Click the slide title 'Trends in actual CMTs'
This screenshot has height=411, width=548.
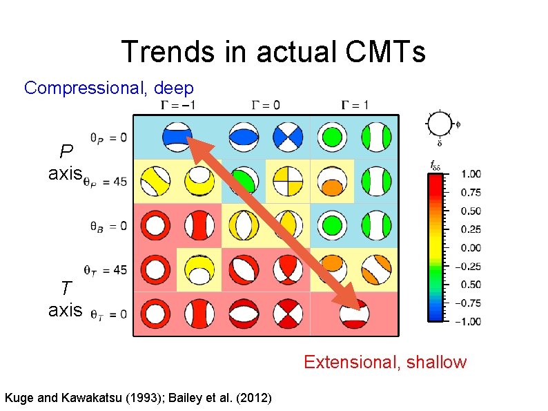pos(273,52)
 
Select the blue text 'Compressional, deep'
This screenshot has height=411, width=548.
pos(109,88)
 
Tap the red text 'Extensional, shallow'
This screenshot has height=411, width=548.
pos(385,362)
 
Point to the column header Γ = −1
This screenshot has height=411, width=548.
pos(177,105)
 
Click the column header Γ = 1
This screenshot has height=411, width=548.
pos(354,105)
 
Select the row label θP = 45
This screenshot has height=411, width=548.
pos(108,182)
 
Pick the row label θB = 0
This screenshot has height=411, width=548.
pos(108,226)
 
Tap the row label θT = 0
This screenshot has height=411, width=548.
pos(108,314)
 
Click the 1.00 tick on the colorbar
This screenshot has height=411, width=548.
pos(471,174)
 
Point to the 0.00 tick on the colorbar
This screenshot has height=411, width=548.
pos(471,247)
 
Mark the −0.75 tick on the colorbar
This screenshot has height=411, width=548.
pos(469,303)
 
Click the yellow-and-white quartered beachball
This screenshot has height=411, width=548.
pos(287,182)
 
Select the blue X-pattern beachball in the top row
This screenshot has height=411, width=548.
pos(288,137)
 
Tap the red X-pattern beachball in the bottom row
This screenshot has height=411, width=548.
pos(288,314)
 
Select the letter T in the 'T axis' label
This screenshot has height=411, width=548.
pos(66,289)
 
